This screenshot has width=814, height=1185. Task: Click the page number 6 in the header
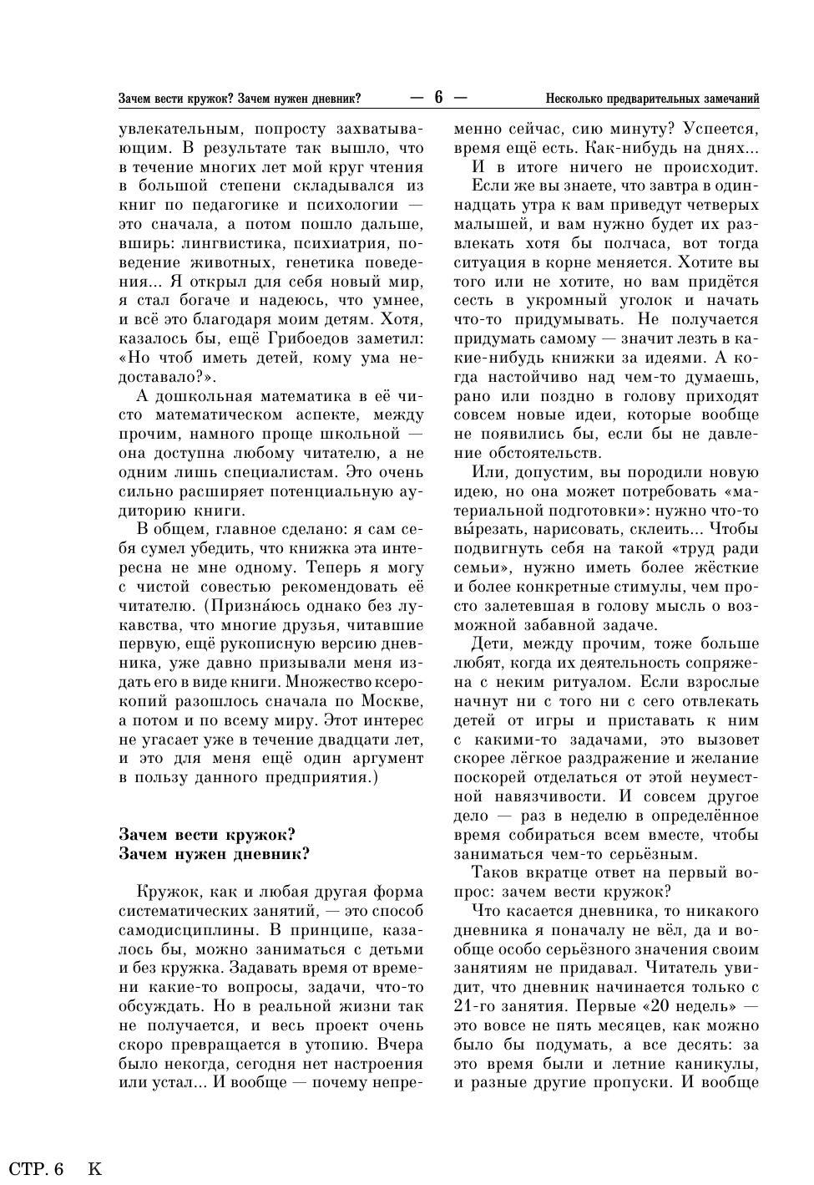437,98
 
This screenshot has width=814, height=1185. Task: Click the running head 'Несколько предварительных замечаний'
652,99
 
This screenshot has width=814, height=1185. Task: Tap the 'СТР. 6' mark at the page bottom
37,1168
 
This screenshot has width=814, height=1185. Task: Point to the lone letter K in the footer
94,1168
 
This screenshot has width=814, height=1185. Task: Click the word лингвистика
225,243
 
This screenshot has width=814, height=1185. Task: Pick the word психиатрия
340,243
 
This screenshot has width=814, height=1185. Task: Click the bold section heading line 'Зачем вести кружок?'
207,835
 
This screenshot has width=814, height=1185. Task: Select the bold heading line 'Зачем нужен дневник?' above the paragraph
215,854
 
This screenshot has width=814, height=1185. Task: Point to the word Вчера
400,1045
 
